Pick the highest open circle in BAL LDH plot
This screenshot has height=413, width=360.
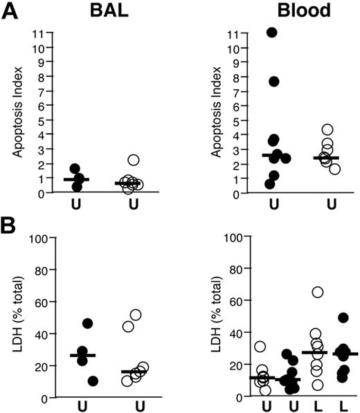point(135,315)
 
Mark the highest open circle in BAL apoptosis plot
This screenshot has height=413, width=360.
point(134,160)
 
